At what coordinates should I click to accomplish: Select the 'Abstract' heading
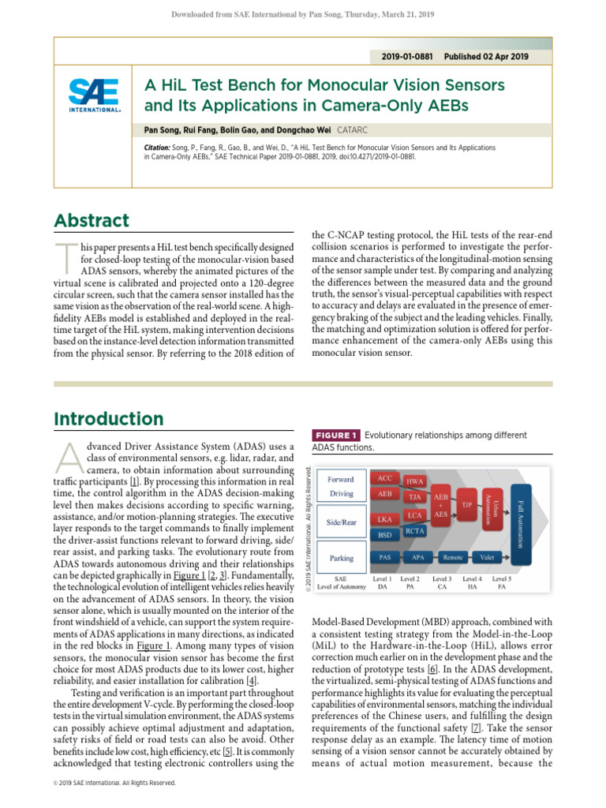tap(92, 221)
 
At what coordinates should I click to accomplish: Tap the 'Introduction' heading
tap(109, 419)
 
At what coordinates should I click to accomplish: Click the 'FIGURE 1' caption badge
tap(337, 435)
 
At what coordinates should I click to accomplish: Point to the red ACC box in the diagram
tap(385, 478)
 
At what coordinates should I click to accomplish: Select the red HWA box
tap(414, 481)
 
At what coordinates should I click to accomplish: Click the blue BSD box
tap(385, 534)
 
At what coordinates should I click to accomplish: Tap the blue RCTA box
tap(415, 531)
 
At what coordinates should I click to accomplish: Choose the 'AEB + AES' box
tap(441, 506)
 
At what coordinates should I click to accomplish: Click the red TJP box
tap(466, 503)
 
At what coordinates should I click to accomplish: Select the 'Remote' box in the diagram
tap(452, 556)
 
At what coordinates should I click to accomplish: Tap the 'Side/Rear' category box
tap(341, 522)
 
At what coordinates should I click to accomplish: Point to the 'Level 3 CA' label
tap(443, 583)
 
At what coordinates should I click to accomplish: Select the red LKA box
tap(385, 520)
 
